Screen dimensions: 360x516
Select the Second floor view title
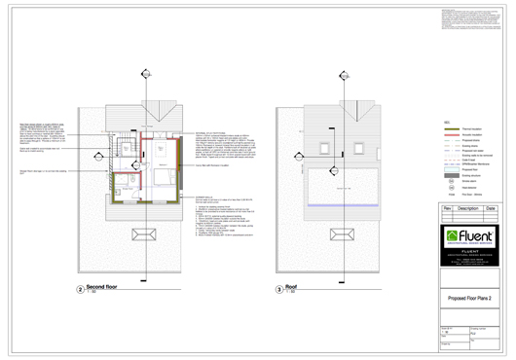[x=106, y=288]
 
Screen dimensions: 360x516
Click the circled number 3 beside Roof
[x=278, y=290]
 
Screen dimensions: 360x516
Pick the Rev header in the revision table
[x=446, y=208]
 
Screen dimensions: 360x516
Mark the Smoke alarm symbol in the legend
[x=449, y=181]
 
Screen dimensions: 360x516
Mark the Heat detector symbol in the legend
[x=449, y=189]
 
